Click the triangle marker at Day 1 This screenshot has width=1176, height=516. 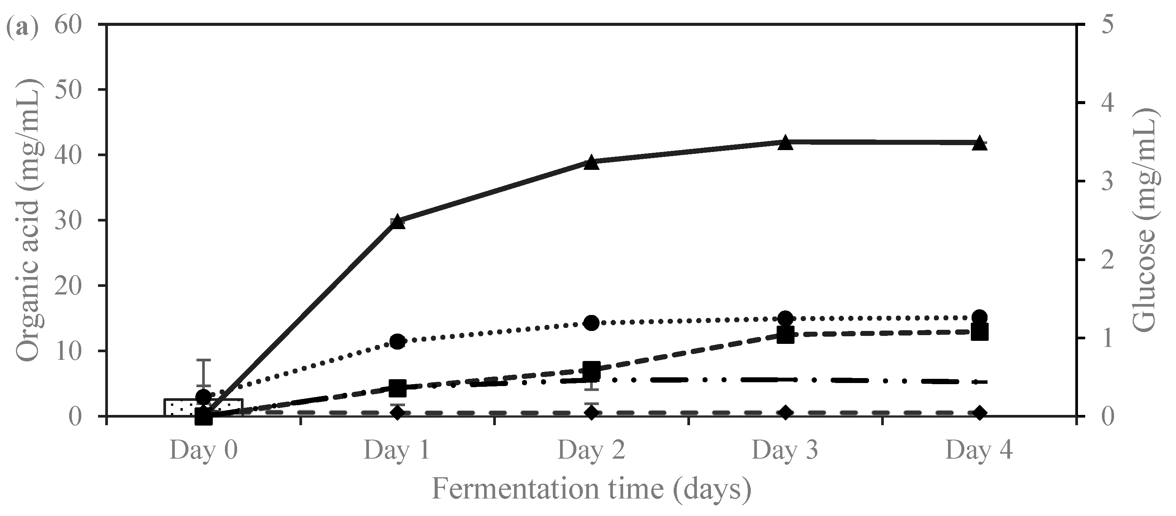point(397,222)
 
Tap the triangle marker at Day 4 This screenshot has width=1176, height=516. point(979,143)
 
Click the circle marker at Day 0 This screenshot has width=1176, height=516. point(204,397)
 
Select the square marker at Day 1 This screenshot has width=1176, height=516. point(397,388)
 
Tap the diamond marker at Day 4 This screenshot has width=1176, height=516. point(979,413)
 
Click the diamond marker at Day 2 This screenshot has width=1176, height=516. point(591,413)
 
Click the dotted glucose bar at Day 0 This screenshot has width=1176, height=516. point(183,407)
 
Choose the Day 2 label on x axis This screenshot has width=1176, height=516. point(591,451)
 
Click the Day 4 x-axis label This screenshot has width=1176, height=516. point(979,451)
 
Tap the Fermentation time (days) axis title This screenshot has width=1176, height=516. point(591,489)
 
